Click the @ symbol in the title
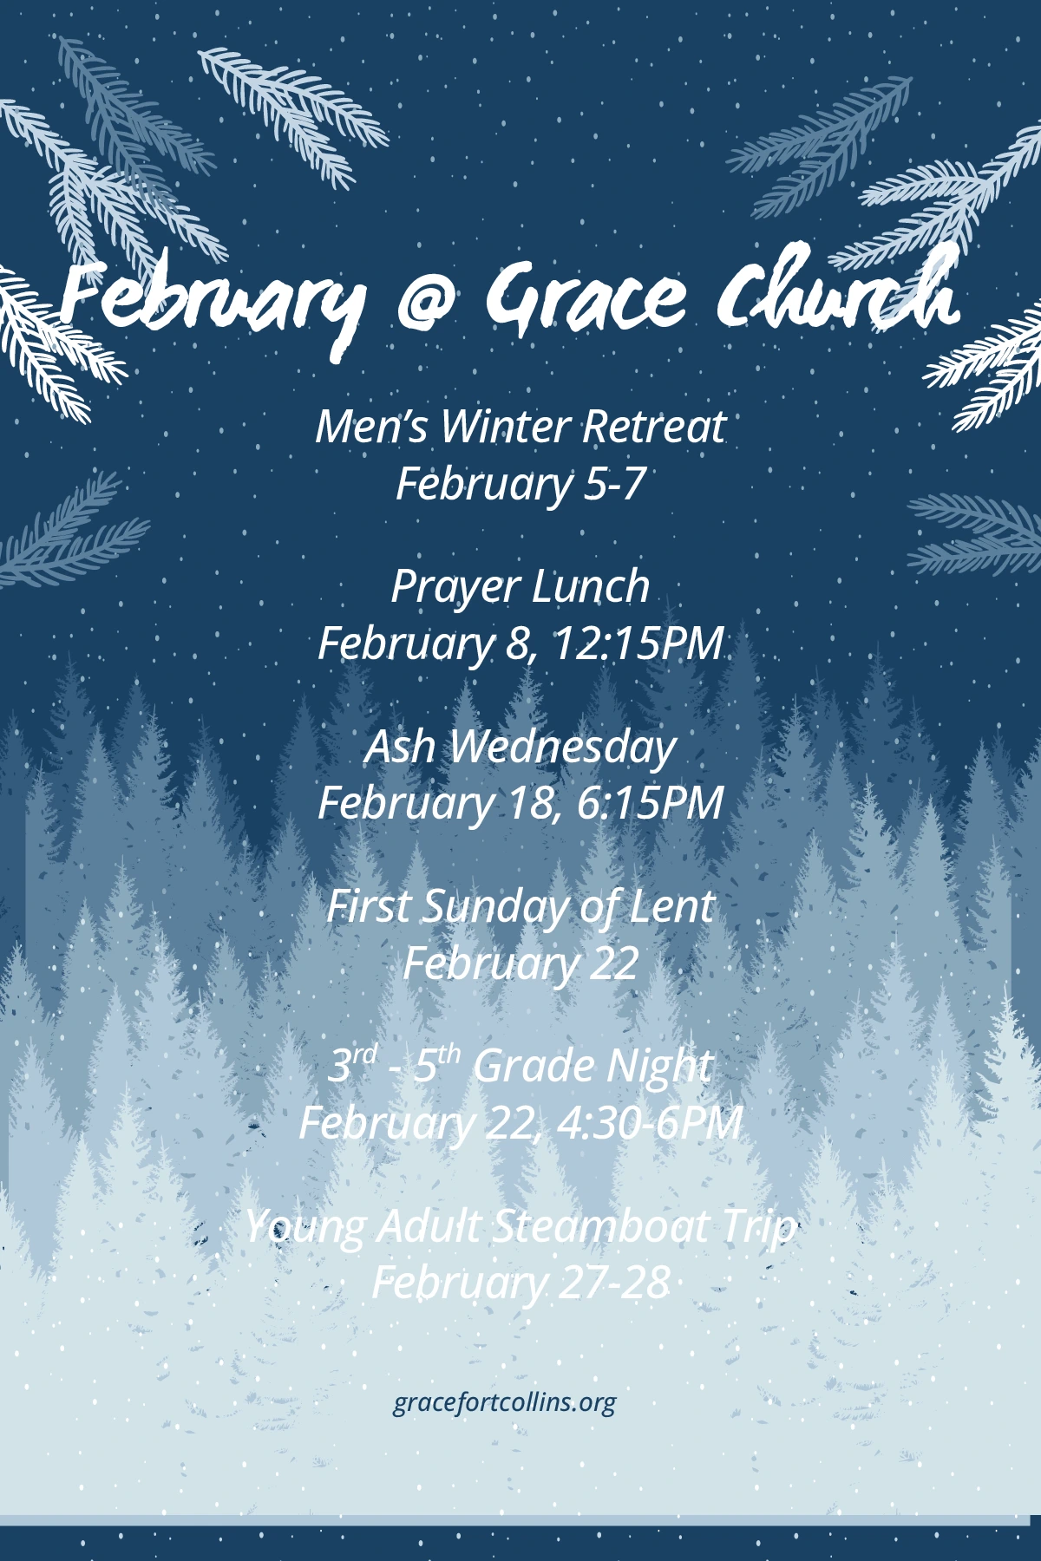point(430,301)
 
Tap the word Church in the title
point(838,291)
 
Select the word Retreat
point(654,427)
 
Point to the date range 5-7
point(614,483)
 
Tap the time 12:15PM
point(638,643)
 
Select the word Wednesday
point(562,748)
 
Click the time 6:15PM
point(650,803)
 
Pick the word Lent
point(671,907)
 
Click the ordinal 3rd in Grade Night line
point(353,1064)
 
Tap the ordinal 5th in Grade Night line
point(435,1064)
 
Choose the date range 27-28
point(614,1282)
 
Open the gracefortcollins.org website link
point(505,1403)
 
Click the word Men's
point(371,427)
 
